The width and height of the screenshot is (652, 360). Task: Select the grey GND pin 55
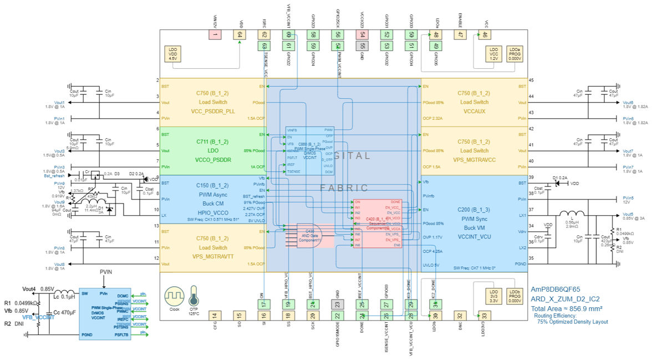(x=361, y=46)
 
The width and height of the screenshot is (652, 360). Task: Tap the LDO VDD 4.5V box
(x=172, y=54)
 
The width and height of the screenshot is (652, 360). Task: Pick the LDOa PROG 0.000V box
(x=515, y=54)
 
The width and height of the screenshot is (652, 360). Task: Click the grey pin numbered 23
(x=337, y=303)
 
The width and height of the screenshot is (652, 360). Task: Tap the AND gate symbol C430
(x=307, y=236)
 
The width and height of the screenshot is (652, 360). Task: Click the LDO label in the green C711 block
(x=213, y=151)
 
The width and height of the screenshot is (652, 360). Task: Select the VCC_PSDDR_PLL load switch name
(x=213, y=111)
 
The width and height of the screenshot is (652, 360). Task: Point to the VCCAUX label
(x=474, y=111)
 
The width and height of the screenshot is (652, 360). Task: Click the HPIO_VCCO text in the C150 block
(x=213, y=212)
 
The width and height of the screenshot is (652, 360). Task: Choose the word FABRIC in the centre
(x=344, y=188)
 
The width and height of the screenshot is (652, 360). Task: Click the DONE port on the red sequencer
(x=395, y=202)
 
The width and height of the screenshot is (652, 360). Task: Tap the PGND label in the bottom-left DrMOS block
(x=87, y=334)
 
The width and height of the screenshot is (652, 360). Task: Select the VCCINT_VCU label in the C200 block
(x=474, y=236)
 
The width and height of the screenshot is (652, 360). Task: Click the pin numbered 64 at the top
(x=240, y=35)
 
